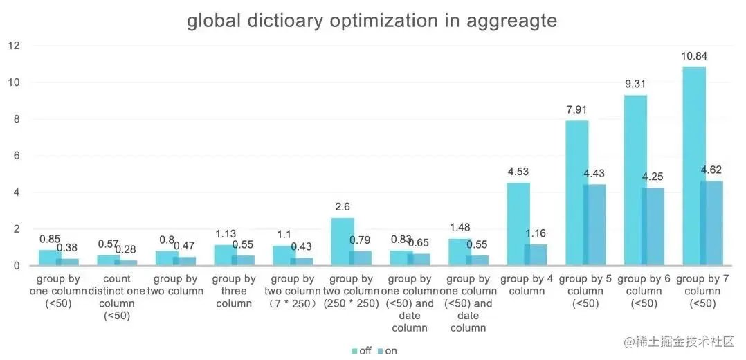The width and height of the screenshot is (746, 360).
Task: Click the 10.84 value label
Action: click(x=694, y=56)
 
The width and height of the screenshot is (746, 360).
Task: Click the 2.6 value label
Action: click(x=343, y=207)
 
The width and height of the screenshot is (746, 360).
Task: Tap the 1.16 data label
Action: click(x=536, y=233)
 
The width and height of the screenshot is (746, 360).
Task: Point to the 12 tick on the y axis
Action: click(x=14, y=46)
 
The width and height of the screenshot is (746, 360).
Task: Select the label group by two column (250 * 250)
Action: click(x=352, y=291)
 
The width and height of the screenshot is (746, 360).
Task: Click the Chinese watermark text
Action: click(x=678, y=341)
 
